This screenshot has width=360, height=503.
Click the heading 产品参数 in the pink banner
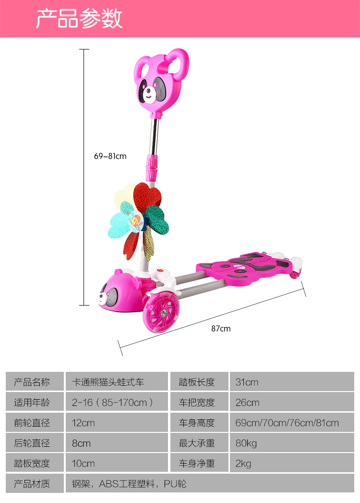[x=79, y=19]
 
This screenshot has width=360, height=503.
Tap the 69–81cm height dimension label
[x=110, y=156]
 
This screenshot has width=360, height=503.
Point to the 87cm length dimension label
[x=221, y=329]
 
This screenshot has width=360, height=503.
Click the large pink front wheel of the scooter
[x=161, y=311]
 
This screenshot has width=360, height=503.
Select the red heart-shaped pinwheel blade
[x=146, y=195]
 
